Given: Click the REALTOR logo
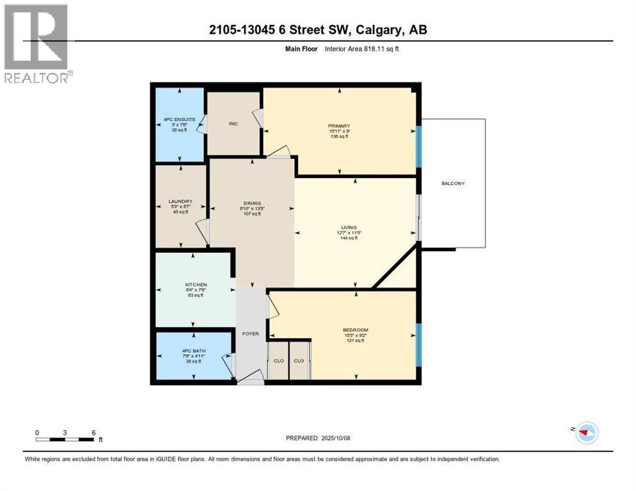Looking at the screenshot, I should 36,43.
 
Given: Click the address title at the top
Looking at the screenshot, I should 319,29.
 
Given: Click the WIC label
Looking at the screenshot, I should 233,123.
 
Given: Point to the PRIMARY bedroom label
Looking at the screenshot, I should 338,126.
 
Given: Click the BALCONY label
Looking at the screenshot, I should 452,183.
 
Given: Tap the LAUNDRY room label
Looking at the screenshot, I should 181,201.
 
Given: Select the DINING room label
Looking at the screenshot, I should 251,203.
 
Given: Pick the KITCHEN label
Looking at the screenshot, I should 196,284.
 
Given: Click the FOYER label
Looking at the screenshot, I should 250,333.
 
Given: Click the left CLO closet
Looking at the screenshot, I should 278,361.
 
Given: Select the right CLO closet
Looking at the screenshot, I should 299,361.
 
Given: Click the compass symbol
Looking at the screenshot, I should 586,433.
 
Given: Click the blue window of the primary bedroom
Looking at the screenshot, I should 418,146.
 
